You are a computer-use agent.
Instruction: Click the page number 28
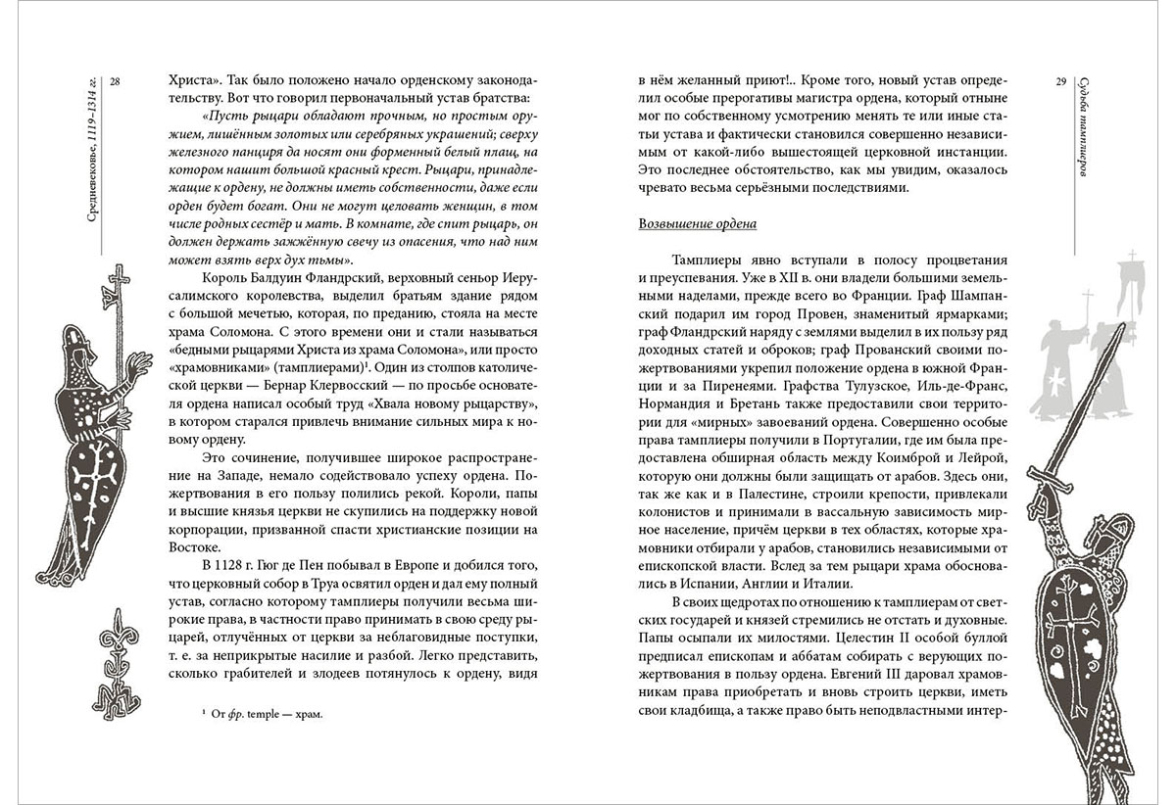(115, 80)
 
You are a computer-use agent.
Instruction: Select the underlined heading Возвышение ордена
(697, 223)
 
